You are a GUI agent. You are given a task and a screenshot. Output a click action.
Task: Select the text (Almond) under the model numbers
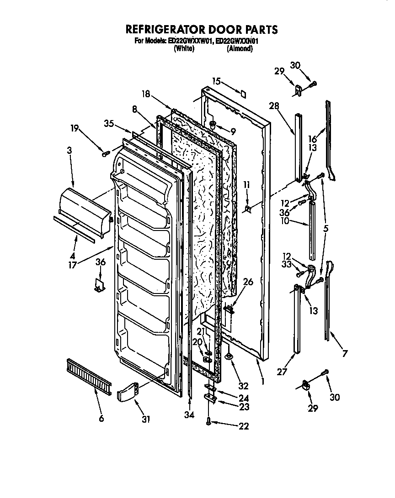240,49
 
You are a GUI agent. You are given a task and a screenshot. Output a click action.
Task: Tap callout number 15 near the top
216,81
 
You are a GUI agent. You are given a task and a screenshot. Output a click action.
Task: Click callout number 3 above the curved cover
69,150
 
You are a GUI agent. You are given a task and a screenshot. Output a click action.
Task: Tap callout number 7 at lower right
345,352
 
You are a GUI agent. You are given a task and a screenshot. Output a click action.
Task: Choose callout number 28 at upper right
274,106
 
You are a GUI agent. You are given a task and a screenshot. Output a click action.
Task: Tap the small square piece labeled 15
243,93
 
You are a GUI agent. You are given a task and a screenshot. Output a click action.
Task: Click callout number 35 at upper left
108,123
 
